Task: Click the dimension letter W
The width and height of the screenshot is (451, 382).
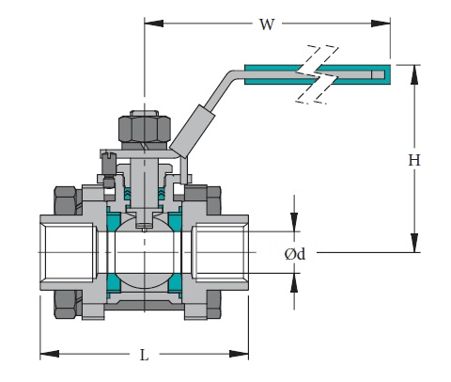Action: [x=266, y=24]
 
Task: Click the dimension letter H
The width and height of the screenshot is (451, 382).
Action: [x=413, y=161]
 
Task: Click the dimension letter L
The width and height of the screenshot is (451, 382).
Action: [x=144, y=355]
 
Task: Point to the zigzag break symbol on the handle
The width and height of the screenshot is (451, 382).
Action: [x=317, y=72]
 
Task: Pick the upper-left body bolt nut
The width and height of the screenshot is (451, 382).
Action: [x=65, y=199]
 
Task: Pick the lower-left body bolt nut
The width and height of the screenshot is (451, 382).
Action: [x=65, y=303]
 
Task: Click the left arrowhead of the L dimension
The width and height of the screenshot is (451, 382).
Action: [x=43, y=355]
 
